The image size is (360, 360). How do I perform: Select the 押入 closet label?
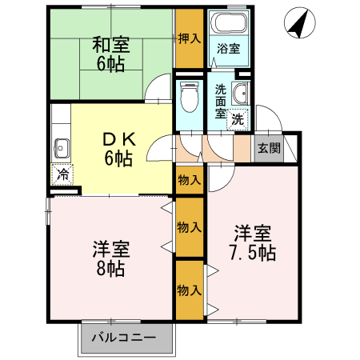(x=189, y=38)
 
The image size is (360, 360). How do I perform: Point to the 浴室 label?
(x=226, y=49)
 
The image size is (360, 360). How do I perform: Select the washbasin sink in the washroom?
(x=242, y=93)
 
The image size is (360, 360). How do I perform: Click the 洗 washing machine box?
(x=238, y=120)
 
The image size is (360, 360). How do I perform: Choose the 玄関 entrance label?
(x=269, y=148)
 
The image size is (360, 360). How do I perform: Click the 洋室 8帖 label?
(x=110, y=258)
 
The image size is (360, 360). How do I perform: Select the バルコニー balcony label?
(x=123, y=337)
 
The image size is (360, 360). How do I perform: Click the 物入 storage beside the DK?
(x=189, y=181)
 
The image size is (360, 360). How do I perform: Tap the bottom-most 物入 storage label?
(x=189, y=290)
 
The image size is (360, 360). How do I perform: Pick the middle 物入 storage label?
(x=189, y=228)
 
